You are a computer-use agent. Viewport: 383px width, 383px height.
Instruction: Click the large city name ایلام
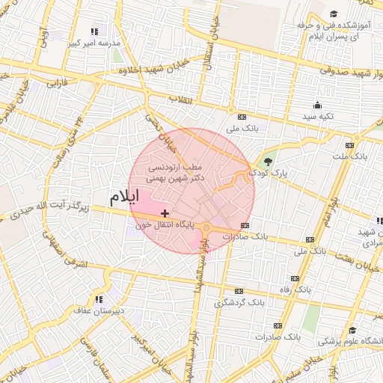124,198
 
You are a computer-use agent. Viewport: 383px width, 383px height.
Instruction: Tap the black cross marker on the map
165,214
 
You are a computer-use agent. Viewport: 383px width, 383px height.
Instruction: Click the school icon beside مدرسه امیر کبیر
94,31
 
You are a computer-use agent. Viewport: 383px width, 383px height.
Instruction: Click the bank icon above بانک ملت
349,146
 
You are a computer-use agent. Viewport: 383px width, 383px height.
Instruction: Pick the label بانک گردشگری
239,303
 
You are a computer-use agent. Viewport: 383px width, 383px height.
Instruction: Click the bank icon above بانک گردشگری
239,291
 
